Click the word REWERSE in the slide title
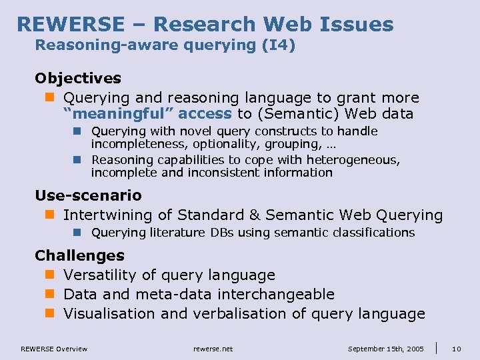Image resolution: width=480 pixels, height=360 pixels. (x=70, y=25)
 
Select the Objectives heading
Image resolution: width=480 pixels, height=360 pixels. (x=78, y=79)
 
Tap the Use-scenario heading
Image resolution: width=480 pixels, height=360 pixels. (x=88, y=195)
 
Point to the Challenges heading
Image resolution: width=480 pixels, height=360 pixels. (x=79, y=255)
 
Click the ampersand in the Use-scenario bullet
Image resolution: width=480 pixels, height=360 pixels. (x=254, y=215)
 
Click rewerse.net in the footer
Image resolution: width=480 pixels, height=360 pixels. (x=213, y=349)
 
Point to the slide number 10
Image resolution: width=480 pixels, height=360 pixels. (x=457, y=349)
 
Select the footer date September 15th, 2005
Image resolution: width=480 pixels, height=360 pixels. (x=385, y=349)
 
